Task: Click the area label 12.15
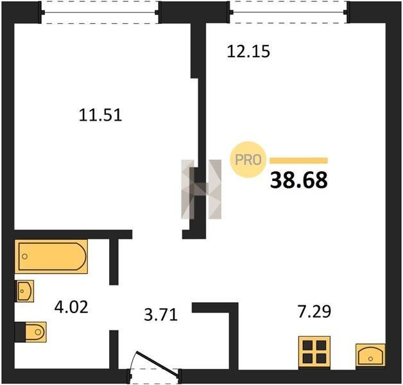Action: point(248,51)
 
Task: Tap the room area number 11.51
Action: point(100,115)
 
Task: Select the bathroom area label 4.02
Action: point(71,307)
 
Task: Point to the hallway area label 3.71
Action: point(161,314)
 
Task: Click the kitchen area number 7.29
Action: point(314,311)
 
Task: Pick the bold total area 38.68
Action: point(299,180)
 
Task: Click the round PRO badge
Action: point(248,160)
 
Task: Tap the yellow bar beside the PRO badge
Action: point(298,160)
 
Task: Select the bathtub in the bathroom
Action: point(51,257)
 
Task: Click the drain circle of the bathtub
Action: point(24,257)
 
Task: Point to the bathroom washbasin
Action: point(24,291)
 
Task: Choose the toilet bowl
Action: point(36,332)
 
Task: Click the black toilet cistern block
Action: point(20,332)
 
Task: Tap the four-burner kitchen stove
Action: point(314,352)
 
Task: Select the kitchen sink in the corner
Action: point(370,355)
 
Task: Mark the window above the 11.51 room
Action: point(100,12)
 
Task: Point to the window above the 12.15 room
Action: point(289,12)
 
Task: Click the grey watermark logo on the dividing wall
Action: point(201,189)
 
